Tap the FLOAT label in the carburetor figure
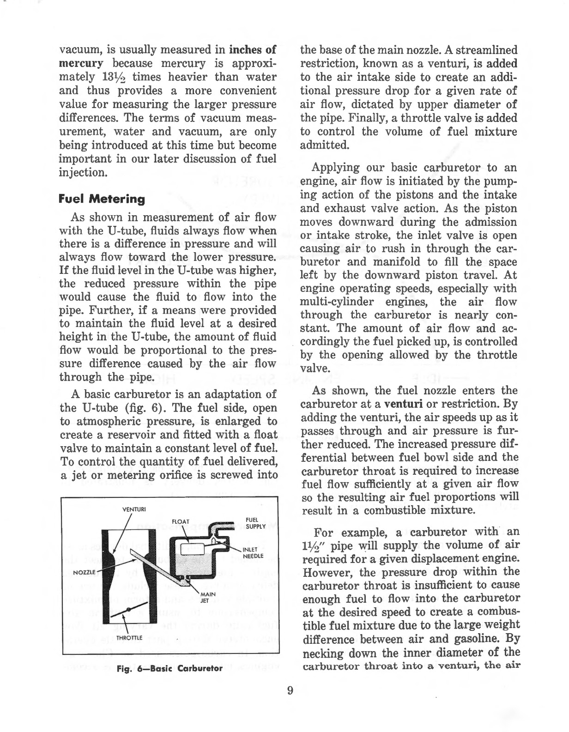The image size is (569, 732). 181,521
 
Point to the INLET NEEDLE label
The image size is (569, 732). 253,552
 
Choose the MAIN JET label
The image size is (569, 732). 206,598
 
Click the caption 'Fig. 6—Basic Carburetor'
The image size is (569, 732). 170,668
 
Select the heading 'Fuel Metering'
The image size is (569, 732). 102,200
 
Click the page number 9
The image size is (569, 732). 290,691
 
